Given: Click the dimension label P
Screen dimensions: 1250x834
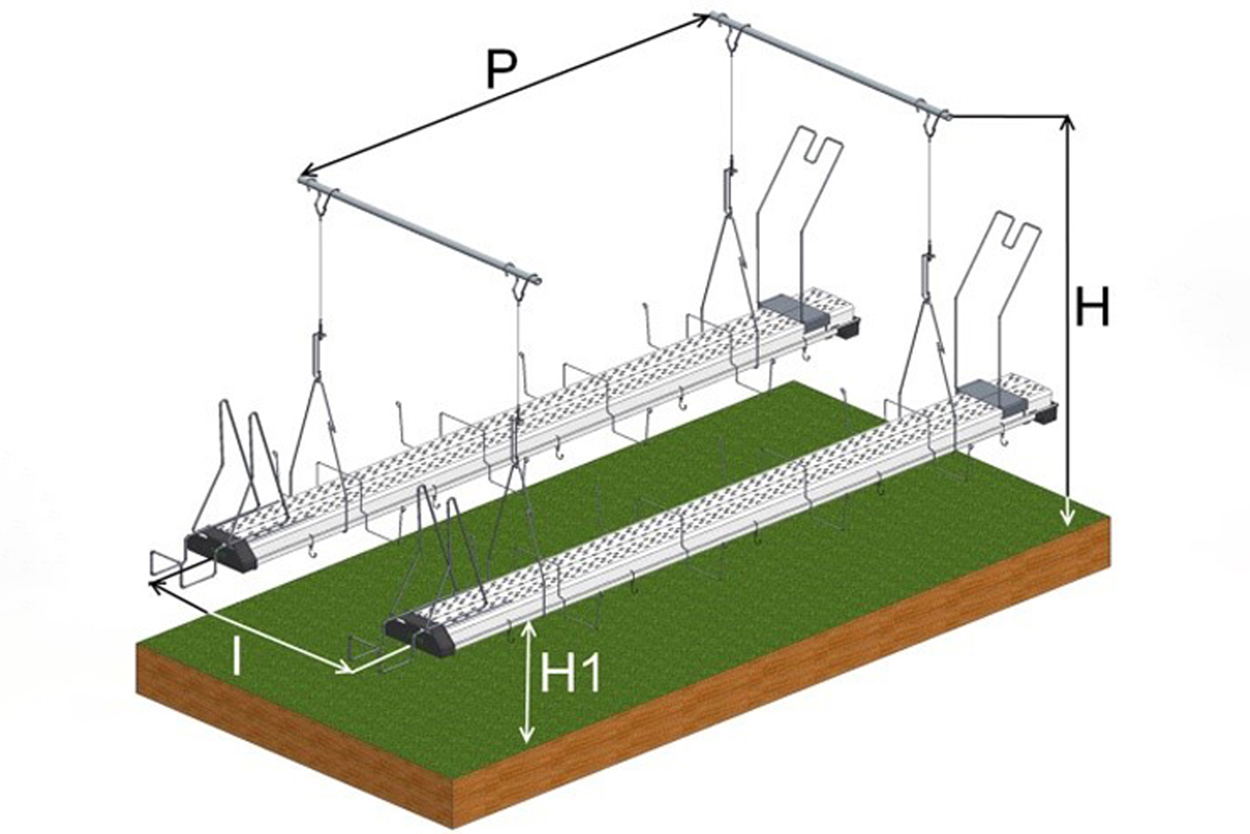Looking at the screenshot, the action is pos(501,69).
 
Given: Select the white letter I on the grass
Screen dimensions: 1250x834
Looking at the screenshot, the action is pos(236,656).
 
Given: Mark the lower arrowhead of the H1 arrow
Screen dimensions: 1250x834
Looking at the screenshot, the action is pos(526,733).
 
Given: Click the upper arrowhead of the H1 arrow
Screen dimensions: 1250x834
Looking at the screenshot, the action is pos(526,630).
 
